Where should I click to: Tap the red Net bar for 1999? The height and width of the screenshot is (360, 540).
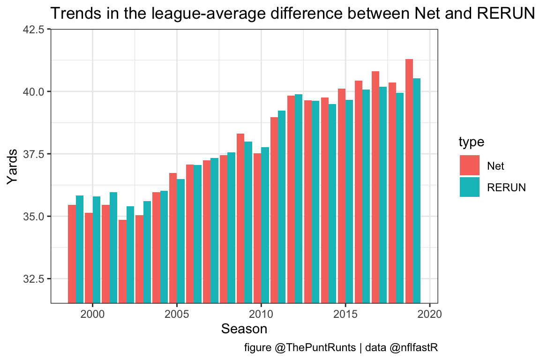click(72, 254)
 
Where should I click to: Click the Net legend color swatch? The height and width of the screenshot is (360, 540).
click(470, 165)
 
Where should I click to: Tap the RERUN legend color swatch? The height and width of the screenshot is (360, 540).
click(470, 187)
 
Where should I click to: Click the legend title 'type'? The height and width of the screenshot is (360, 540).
click(471, 142)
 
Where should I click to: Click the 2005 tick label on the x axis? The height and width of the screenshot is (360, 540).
click(177, 313)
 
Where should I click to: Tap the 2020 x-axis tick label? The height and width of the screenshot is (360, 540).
click(430, 313)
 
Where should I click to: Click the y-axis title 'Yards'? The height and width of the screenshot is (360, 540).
click(15, 166)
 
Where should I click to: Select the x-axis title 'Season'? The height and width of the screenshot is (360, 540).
click(244, 329)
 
